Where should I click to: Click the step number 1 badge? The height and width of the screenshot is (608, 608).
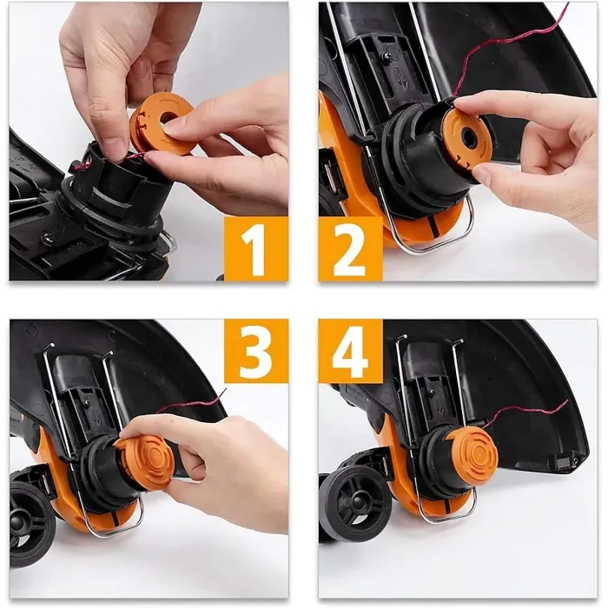click(256, 248)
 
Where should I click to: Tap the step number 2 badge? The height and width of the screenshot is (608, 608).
click(350, 248)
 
